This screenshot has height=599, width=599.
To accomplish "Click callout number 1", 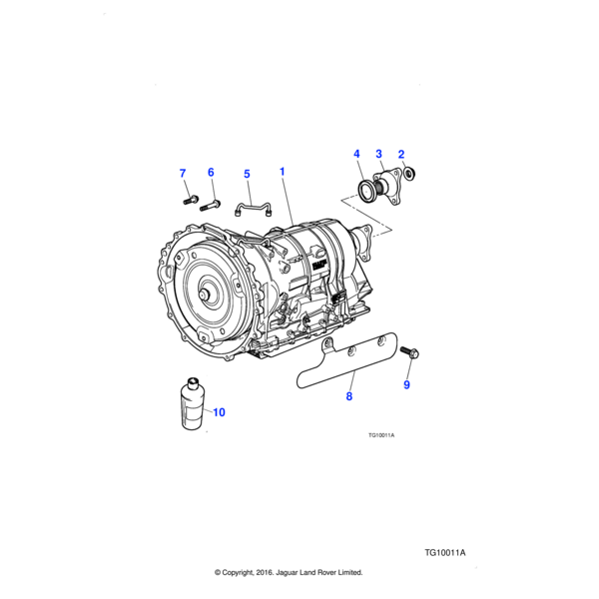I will point(283,172).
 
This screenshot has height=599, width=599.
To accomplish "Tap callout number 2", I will point(400,154).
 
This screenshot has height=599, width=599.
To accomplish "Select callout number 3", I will point(378,154).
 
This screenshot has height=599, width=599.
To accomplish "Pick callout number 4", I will point(356,154).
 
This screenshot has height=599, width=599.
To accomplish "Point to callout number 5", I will point(247,174).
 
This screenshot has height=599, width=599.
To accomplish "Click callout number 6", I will point(211,173).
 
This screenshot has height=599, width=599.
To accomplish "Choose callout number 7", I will point(183,174).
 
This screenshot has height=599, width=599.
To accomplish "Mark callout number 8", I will point(349,396).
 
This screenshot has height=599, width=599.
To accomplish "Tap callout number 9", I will point(406,384).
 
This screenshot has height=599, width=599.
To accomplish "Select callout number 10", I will point(218,412).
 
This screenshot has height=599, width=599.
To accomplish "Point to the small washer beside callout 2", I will point(412,178).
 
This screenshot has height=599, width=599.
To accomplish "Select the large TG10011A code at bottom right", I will point(445,552).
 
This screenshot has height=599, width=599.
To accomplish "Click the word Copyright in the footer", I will point(248,573).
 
